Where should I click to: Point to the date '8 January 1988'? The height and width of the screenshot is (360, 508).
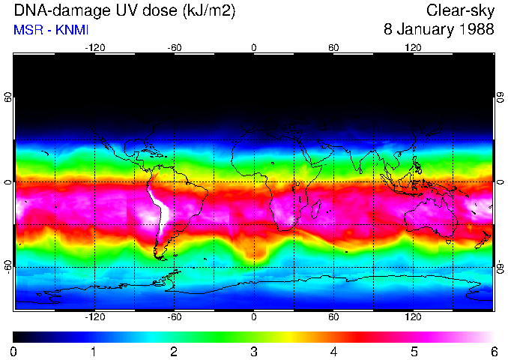click(438, 30)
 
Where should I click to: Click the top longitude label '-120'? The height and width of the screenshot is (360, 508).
click(94, 48)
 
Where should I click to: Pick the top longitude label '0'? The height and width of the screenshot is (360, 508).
click(254, 48)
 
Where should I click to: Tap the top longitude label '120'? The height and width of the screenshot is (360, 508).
click(413, 48)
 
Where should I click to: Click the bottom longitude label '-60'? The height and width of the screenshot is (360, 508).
click(174, 316)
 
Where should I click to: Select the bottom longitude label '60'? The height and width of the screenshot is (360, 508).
click(333, 316)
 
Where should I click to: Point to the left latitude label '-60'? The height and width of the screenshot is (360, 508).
click(8, 266)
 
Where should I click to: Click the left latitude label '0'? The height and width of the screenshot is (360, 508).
click(8, 181)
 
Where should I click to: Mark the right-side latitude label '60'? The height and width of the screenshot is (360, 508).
click(500, 97)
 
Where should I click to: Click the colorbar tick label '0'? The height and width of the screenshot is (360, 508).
click(14, 351)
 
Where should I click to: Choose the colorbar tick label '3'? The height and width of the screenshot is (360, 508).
click(254, 351)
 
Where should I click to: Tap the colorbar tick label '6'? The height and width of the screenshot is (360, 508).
click(493, 351)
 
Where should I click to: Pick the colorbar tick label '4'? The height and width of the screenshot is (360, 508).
click(333, 351)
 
